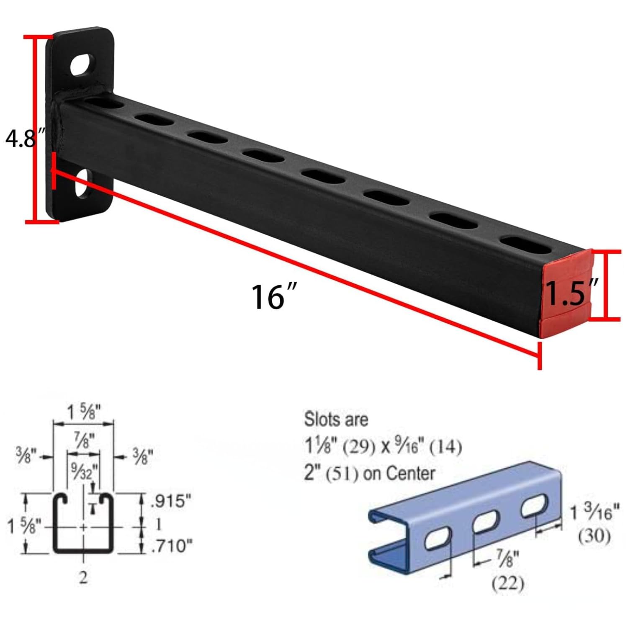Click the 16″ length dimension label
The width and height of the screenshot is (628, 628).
274,296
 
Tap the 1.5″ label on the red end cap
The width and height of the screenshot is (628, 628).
572,293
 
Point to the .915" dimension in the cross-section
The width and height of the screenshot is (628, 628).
171,501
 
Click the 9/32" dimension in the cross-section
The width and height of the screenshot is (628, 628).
84,472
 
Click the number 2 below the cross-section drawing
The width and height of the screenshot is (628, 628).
83,578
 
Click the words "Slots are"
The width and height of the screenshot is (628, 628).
336,420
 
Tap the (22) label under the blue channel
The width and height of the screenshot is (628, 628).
507,583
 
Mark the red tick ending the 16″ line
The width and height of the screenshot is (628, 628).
539,355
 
